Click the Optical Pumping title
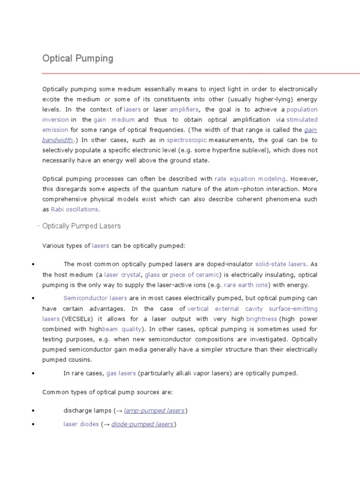(x=78, y=59)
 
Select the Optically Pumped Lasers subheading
(x=81, y=226)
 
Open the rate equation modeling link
(x=250, y=179)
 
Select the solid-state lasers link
(x=280, y=264)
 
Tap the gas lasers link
(x=121, y=373)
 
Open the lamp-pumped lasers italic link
(x=154, y=411)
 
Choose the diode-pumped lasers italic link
(x=142, y=424)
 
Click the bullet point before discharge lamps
(x=33, y=411)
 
